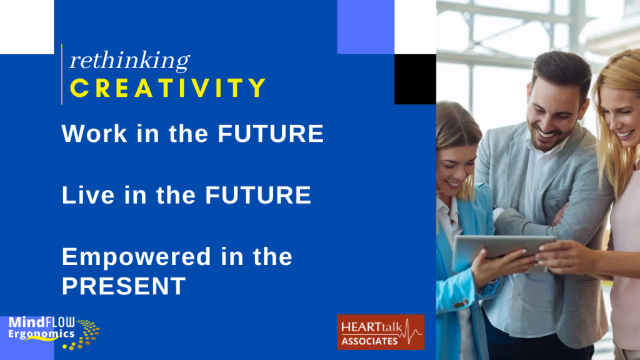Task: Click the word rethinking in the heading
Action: tap(129, 61)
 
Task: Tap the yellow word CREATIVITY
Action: tap(168, 88)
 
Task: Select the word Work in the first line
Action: tap(94, 134)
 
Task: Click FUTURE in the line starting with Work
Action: tap(271, 134)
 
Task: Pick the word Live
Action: tap(87, 195)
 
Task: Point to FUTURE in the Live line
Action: tap(258, 195)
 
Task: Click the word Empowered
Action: tap(136, 257)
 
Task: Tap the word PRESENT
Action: tap(124, 286)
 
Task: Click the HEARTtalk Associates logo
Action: tap(381, 332)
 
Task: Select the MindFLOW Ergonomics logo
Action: tap(54, 332)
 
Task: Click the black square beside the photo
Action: tap(415, 79)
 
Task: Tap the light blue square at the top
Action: tap(366, 27)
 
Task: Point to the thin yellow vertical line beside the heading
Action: tap(62, 74)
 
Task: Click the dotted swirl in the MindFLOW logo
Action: tap(84, 334)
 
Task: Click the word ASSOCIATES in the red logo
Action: tap(369, 341)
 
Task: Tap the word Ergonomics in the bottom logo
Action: tap(41, 334)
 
